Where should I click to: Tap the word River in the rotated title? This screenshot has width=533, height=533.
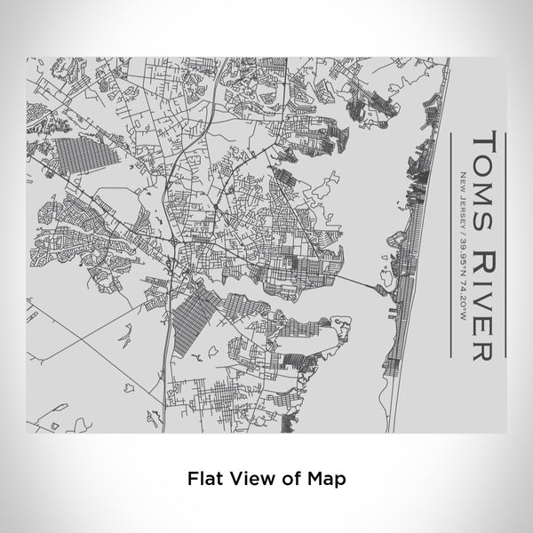click(481, 292)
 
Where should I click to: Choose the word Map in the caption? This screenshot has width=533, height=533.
click(325, 478)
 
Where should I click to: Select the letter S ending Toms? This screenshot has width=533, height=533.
click(481, 209)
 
